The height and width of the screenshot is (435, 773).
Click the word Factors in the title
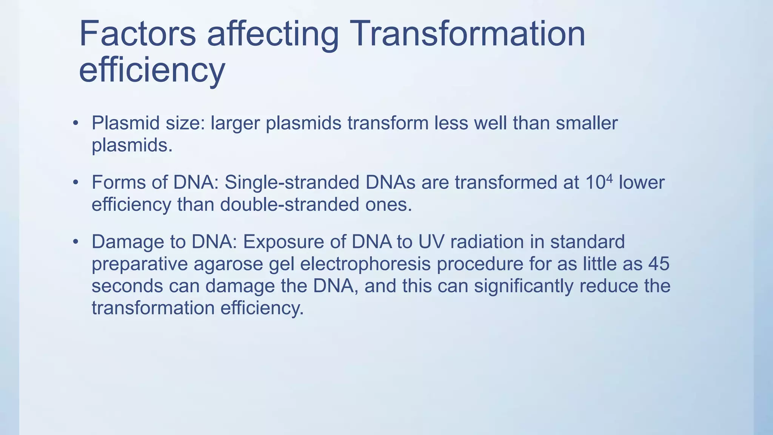(137, 34)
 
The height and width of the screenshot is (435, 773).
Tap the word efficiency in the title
(152, 71)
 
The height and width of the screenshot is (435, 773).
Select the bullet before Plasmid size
(76, 123)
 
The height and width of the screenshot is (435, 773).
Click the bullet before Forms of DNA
(76, 183)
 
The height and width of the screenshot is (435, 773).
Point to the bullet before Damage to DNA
(76, 242)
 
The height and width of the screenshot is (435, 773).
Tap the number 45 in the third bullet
(659, 264)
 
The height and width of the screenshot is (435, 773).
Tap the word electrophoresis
(365, 264)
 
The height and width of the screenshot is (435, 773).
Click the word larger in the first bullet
(236, 123)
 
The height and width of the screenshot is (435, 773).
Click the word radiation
(487, 242)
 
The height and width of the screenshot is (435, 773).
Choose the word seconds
(127, 286)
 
